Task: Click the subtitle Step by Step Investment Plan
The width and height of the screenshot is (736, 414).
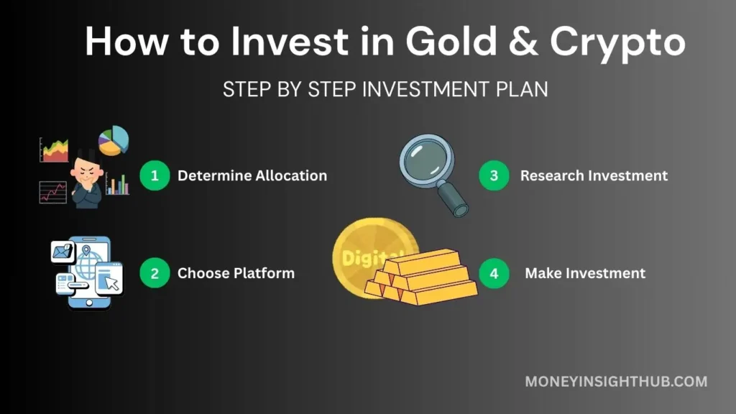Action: point(385,90)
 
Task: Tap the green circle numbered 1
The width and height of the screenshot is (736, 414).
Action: point(154,175)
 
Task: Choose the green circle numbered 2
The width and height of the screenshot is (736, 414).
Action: point(154,273)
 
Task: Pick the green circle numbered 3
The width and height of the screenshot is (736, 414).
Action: point(494,175)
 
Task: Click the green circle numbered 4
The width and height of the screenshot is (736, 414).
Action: point(494,273)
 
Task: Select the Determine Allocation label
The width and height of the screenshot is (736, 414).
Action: point(252,175)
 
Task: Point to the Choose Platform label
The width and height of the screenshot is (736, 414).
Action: point(236,273)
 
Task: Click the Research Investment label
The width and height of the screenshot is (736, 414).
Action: point(594,175)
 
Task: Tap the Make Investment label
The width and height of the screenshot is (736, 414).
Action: point(585,273)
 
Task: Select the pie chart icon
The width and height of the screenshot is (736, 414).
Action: point(114,141)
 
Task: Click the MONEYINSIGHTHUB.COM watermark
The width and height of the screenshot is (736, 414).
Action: point(616,382)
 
